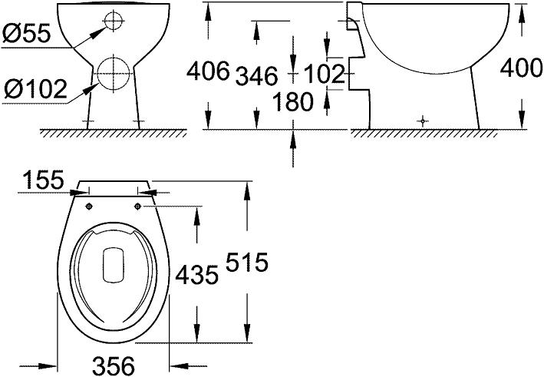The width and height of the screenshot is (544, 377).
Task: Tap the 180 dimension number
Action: tap(292, 101)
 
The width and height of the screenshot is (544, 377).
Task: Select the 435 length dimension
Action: tap(196, 274)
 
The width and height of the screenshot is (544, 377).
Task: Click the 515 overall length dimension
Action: tap(246, 265)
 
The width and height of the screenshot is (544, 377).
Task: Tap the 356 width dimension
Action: tap(113, 364)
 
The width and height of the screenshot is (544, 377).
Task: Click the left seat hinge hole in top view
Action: tap(89, 206)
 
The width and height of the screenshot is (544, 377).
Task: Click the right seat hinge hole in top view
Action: tap(140, 206)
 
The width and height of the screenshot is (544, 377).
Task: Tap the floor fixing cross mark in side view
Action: tap(420, 120)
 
